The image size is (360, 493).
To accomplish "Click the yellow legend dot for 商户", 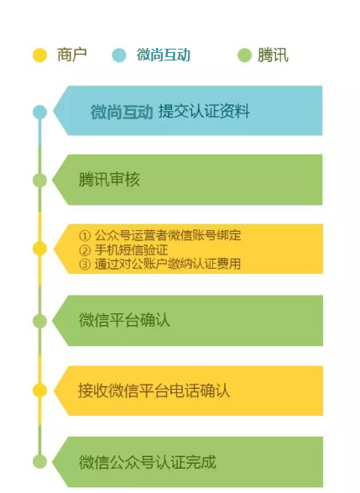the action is [x=40, y=55].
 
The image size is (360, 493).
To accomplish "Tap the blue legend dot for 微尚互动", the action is [x=119, y=55].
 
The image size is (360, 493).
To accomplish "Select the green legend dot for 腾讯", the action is [x=244, y=55].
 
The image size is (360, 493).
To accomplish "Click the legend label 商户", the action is [x=72, y=55].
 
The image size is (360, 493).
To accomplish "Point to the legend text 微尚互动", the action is [x=164, y=55].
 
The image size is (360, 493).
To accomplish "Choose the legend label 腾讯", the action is [x=273, y=55].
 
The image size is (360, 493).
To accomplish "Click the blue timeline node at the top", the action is [x=40, y=112].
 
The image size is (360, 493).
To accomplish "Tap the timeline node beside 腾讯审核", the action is [x=40, y=181].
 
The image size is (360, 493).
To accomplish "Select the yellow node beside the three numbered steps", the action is [x=40, y=249].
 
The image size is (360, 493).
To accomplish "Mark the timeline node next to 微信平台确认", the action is [x=40, y=321].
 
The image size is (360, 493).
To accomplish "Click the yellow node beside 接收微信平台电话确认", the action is [x=40, y=391].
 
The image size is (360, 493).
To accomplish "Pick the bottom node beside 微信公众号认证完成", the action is [x=40, y=462].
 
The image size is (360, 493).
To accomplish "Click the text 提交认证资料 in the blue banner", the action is [x=204, y=112].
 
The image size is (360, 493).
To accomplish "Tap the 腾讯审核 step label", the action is [x=109, y=180].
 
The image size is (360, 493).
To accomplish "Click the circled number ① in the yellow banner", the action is [x=85, y=235].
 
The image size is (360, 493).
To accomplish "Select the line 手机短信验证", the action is [x=131, y=250].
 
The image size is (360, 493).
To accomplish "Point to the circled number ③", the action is [x=85, y=264].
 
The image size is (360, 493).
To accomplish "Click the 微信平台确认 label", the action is [x=124, y=320].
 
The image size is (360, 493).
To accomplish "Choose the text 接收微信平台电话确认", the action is [x=154, y=391].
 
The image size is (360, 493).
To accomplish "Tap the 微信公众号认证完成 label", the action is [x=148, y=462].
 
